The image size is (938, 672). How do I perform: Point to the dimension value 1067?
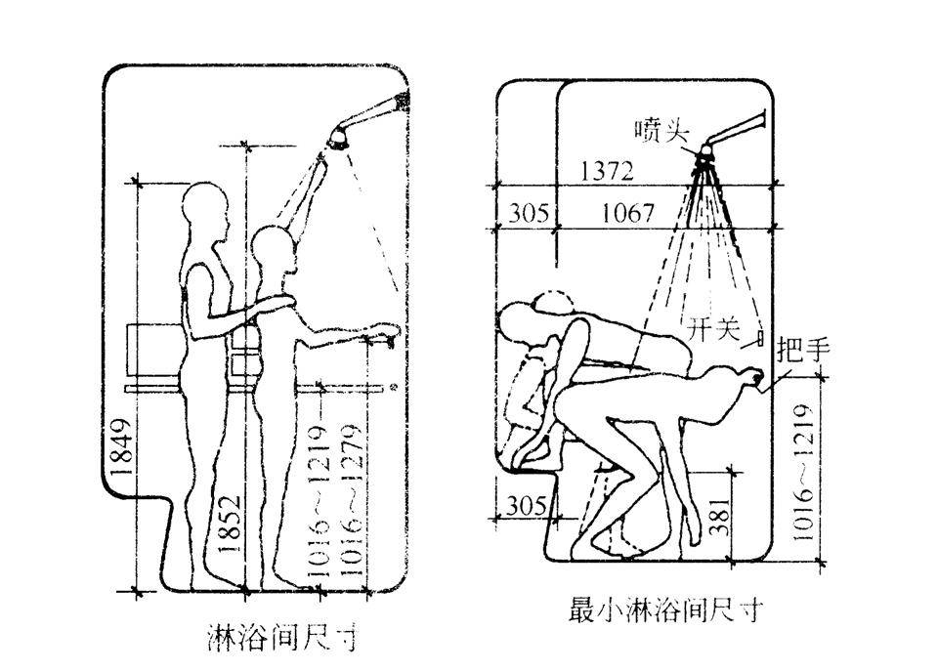[626, 212]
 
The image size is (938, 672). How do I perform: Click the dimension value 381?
[718, 511]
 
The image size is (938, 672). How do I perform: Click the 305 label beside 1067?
[528, 212]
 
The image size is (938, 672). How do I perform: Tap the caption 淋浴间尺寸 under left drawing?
[282, 638]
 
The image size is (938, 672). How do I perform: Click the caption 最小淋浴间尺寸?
[664, 611]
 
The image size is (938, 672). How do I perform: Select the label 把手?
[802, 350]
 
